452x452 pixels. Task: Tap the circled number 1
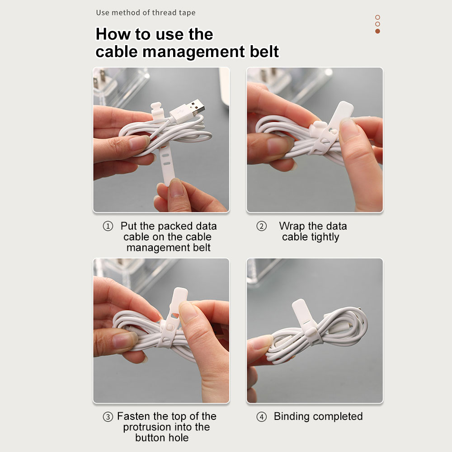coord(108,226)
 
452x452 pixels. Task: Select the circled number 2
coord(261,226)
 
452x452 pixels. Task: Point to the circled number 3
coord(108,417)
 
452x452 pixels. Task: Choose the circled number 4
coord(261,417)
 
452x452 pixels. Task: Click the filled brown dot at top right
coord(377,31)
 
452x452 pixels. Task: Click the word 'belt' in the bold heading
coord(264,52)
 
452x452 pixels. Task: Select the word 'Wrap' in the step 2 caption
coord(292,226)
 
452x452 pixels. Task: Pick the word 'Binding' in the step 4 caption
coord(292,417)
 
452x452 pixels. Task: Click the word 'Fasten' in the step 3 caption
coord(134,416)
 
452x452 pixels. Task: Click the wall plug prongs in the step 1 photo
coord(100,79)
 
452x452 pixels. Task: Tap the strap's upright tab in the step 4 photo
coord(301,313)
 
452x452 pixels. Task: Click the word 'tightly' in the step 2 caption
coord(325,237)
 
